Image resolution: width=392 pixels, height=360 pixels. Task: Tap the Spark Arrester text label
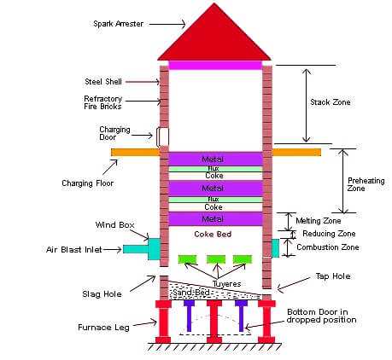pos(118,24)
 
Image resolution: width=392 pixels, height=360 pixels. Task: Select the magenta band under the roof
pos(215,65)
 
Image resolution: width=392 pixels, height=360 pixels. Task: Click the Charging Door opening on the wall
pos(162,137)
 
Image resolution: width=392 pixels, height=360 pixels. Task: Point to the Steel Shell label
pos(103,82)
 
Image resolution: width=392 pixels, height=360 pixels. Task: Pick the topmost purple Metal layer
pos(215,159)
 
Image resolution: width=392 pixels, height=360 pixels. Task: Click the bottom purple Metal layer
pos(215,219)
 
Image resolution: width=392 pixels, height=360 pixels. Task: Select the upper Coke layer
pos(215,176)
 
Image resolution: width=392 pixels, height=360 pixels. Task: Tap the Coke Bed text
pos(213,234)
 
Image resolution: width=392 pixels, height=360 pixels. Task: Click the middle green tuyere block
pos(216,259)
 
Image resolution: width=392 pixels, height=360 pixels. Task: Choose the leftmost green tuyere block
pos(187,259)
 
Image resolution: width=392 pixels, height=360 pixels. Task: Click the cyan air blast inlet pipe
pos(136,249)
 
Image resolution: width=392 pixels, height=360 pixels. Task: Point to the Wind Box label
pos(114,225)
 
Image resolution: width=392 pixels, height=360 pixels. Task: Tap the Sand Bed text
pos(191,293)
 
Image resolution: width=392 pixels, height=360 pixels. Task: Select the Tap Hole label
pos(333,276)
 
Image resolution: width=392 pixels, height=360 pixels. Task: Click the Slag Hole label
pos(102,294)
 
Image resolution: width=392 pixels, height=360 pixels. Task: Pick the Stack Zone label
pos(331,102)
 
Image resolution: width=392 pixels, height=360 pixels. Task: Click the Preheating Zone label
pos(366,184)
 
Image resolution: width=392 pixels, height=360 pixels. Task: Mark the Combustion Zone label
pos(328,247)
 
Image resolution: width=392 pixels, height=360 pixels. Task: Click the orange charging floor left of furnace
pos(136,152)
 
